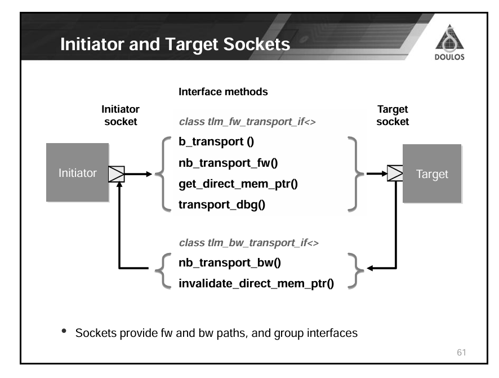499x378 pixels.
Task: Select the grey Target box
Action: pos(431,174)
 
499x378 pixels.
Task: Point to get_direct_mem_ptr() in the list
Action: pos(234,184)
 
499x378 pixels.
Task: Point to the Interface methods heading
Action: pos(223,91)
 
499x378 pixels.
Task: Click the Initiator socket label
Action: pos(121,115)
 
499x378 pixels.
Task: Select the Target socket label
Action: pos(393,115)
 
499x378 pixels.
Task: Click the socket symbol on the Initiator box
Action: pos(117,174)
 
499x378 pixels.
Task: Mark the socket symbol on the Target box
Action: pos(395,174)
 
